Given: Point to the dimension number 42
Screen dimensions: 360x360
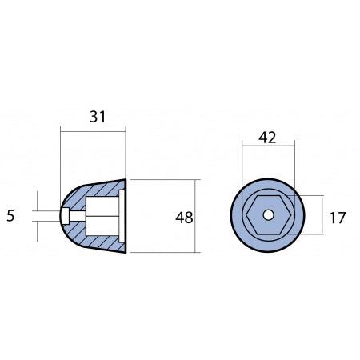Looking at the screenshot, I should click(267, 137).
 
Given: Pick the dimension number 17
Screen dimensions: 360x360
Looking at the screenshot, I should click(338, 216).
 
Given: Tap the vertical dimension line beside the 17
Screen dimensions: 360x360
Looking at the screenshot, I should click(323, 216).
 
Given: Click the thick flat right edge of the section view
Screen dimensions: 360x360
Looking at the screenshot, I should click(126, 216).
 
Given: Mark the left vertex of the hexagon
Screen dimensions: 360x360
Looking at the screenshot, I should click(246, 215).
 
